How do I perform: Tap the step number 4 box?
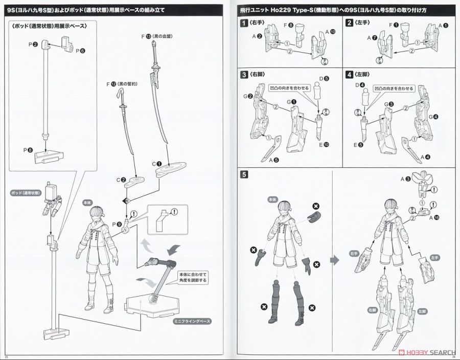(x=349, y=74)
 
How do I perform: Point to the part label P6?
(x=80, y=51)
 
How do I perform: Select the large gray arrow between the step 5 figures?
(x=335, y=260)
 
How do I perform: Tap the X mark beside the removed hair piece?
(x=316, y=205)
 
